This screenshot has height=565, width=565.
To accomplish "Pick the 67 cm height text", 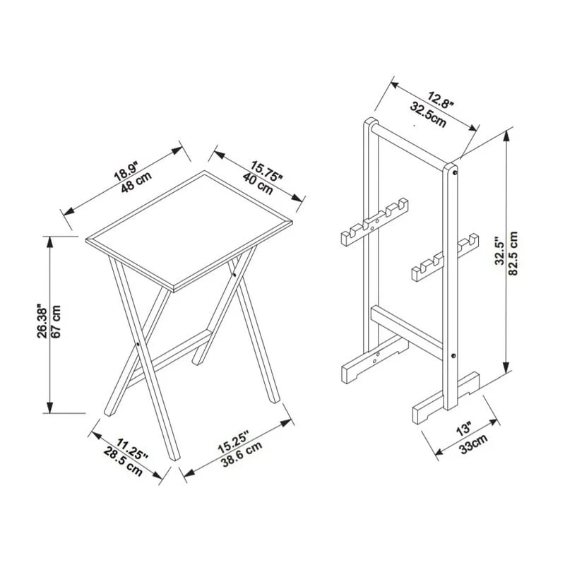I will [x=57, y=322].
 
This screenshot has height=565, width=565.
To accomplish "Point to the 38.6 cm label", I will [x=239, y=458].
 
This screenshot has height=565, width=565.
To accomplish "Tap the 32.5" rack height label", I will [x=499, y=254].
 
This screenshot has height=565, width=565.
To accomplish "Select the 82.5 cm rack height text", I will [x=513, y=254].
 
